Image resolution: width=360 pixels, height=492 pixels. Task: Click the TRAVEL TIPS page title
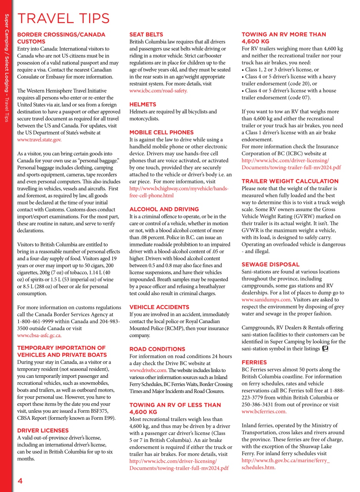[64, 18]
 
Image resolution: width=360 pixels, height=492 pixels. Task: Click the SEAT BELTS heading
[146, 35]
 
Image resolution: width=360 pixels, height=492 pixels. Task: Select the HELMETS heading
[143, 105]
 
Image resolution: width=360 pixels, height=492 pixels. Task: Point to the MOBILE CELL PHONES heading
[161, 132]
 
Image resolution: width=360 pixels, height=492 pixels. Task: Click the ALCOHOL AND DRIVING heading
[164, 209]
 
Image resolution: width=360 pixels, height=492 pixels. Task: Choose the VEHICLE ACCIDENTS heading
[159, 307]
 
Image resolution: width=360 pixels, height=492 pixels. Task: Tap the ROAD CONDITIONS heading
[157, 349]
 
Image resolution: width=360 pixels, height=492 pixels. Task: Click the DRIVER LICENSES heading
[43, 430]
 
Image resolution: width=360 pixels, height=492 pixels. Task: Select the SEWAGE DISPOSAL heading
[270, 264]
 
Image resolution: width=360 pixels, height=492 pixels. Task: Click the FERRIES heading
[254, 362]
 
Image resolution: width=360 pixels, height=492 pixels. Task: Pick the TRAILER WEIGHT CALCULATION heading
[290, 181]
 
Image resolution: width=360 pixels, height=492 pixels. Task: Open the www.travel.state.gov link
[40, 140]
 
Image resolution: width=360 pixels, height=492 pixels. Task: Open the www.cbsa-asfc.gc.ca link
[40, 336]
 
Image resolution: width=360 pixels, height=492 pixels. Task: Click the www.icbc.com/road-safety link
[158, 91]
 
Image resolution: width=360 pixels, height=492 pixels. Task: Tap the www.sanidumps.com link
[266, 299]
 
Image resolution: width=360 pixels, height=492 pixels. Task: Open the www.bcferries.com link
[264, 411]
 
